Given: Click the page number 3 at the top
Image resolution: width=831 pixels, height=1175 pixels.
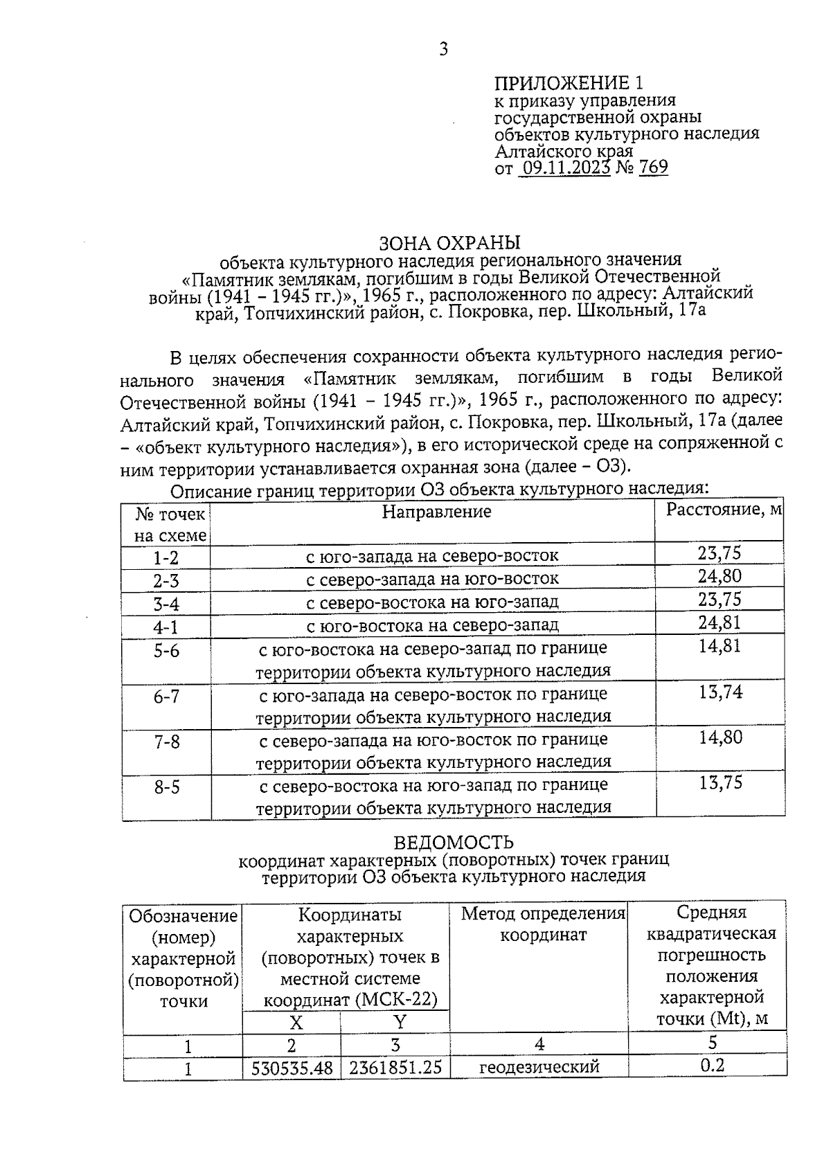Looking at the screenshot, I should [444, 49].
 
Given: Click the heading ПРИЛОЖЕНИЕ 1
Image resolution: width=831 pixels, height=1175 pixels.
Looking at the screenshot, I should [569, 83].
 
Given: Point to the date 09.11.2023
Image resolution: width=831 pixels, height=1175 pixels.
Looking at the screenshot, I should [563, 168].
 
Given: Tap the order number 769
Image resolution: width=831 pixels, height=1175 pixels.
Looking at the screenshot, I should [653, 168].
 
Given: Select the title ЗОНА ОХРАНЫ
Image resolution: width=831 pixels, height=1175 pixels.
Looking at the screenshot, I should [449, 243].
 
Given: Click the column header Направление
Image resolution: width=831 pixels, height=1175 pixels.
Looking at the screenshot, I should [436, 512].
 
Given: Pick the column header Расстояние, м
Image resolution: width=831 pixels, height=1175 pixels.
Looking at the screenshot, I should [724, 510].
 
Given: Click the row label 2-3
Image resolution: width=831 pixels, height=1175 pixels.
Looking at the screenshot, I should [166, 580].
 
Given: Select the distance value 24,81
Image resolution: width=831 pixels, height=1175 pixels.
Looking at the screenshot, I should [719, 622].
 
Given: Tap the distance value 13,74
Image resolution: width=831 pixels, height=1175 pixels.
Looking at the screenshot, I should [720, 692].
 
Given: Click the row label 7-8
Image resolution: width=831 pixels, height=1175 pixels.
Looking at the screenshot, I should [166, 742].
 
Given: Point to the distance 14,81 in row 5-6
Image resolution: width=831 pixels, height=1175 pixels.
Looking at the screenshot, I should [720, 646].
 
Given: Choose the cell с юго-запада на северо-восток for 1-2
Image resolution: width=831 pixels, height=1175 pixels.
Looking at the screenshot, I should [432, 556].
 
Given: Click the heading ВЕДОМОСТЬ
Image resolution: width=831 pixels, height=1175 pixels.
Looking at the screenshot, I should [454, 843].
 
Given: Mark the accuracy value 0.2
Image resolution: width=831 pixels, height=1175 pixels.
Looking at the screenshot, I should [712, 1066].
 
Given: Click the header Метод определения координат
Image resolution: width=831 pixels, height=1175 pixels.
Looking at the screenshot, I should [543, 924].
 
